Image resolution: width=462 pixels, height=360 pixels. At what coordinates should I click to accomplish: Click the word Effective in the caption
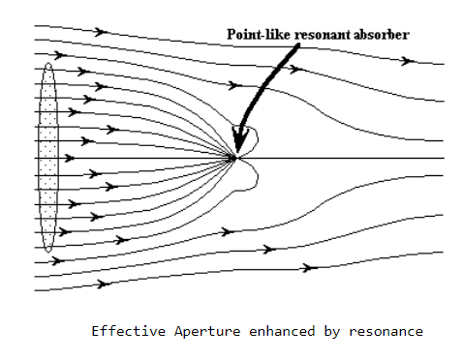(129, 331)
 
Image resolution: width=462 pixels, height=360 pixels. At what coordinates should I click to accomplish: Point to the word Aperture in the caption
(207, 332)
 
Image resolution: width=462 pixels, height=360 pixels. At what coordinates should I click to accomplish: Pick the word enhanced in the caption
(282, 331)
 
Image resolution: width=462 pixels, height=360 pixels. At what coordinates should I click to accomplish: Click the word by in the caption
(331, 332)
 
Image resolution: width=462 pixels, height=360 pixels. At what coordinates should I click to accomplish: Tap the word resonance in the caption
(385, 332)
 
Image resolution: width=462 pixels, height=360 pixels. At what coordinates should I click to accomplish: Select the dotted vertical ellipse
(48, 157)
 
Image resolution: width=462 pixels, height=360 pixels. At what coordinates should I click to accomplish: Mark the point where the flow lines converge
(235, 158)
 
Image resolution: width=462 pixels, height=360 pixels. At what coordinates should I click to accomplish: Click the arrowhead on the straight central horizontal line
(70, 158)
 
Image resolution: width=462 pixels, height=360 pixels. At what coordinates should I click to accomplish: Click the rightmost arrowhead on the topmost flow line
(408, 61)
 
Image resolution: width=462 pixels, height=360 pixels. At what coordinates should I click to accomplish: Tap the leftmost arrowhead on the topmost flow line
(101, 32)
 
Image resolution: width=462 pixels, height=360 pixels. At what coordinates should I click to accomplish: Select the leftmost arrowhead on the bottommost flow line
(104, 285)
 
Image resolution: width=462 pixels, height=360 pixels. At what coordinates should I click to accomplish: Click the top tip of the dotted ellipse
(48, 63)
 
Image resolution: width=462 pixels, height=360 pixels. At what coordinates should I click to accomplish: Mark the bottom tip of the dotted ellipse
(48, 252)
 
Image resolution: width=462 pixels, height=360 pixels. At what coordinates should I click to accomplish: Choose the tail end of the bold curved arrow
(297, 45)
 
